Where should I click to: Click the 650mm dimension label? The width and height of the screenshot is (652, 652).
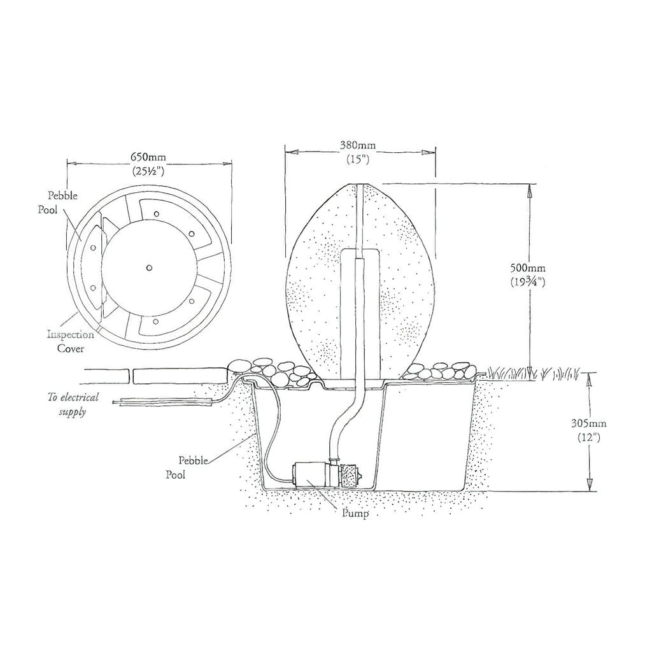(x=148, y=157)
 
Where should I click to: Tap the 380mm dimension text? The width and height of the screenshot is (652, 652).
(x=358, y=146)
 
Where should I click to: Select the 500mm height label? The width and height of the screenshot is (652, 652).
(x=527, y=268)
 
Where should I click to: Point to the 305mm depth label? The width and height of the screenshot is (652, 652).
(x=588, y=423)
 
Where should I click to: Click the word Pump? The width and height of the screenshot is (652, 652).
(x=355, y=514)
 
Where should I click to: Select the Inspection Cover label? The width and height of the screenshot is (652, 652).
(x=70, y=341)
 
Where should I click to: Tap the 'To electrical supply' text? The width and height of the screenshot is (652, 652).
(x=73, y=404)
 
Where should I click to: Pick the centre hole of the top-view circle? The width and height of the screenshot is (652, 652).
(x=149, y=268)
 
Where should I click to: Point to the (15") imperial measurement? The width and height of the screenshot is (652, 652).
(x=358, y=159)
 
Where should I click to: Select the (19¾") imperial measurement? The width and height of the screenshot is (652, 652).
(x=527, y=282)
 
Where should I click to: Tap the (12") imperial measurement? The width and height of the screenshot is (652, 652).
(x=589, y=437)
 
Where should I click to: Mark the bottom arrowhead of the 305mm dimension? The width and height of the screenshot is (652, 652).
(x=589, y=485)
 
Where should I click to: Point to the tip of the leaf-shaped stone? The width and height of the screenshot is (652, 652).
(x=360, y=183)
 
